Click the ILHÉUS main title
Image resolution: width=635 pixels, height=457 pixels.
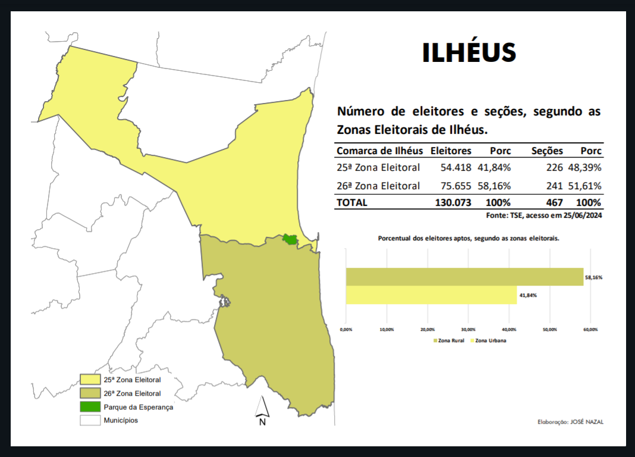[x=469, y=53]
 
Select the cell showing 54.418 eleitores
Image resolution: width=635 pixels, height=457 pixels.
[x=455, y=168]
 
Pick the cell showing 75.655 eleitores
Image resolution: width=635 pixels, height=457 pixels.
[x=455, y=186]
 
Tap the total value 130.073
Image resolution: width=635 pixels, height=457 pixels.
[x=453, y=202]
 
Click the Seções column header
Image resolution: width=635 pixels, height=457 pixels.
[x=546, y=151]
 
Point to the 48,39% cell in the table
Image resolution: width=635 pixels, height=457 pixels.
[x=585, y=168]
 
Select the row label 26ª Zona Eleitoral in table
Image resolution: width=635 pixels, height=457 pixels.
[x=378, y=186]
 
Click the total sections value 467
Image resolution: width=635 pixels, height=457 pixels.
[x=554, y=202]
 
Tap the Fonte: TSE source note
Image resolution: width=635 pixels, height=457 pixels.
[x=544, y=216]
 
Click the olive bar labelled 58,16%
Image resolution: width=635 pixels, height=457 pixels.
[x=464, y=277]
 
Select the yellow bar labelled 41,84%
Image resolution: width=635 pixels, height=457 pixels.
[x=431, y=295]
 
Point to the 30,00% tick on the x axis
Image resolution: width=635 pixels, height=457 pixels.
[x=468, y=329]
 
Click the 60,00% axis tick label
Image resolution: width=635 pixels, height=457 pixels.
[x=590, y=329]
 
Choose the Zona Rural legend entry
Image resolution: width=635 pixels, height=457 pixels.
[x=449, y=340]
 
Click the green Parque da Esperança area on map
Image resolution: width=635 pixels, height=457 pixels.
[x=290, y=239]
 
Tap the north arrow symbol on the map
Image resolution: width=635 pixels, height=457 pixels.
[x=262, y=411]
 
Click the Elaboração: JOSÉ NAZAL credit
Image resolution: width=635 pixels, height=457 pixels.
[x=570, y=421]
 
